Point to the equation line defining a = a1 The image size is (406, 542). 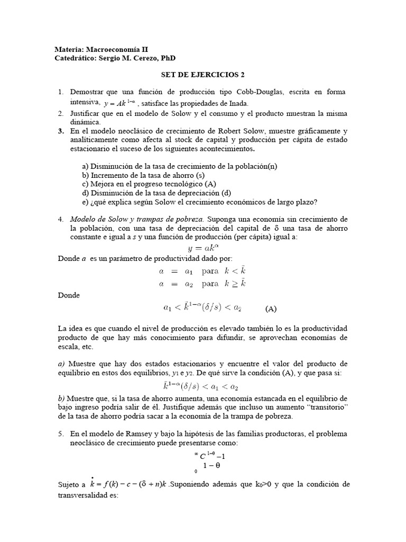202,270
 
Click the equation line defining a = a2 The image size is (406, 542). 202,283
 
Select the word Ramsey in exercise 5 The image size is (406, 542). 123,433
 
